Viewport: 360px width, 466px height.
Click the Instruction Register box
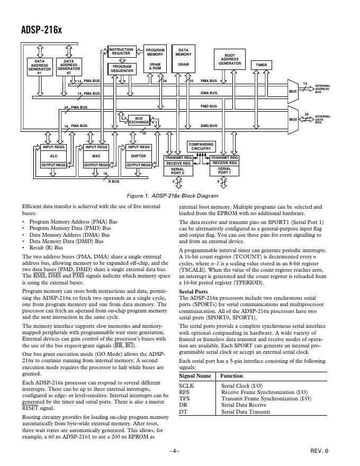[x=121, y=51]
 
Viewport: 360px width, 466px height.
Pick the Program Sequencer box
[x=121, y=68]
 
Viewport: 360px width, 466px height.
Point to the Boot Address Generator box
[x=229, y=59]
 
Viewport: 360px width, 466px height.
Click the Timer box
[x=261, y=65]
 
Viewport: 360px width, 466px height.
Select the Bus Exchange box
[x=139, y=120]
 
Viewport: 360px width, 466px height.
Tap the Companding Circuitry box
[x=201, y=146]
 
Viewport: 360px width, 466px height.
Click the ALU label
[x=53, y=156]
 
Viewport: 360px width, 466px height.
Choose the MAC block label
[x=96, y=156]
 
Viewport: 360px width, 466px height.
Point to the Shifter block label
[x=138, y=156]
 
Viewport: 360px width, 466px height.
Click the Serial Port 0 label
[x=177, y=171]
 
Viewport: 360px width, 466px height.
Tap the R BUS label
[x=114, y=182]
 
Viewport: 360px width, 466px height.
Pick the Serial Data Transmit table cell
[x=245, y=411]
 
